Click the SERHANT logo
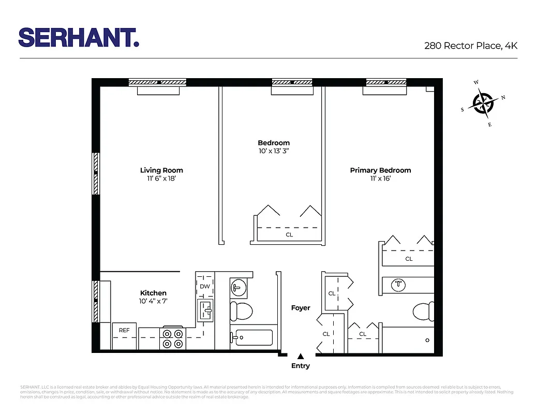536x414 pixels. click(79, 38)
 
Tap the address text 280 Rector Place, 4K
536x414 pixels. click(470, 46)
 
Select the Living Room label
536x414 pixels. click(161, 170)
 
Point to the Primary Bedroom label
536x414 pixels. click(380, 170)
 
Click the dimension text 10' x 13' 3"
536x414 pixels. click(274, 151)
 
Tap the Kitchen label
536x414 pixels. click(153, 293)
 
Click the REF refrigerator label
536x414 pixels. click(124, 330)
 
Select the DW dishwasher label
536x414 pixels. click(205, 286)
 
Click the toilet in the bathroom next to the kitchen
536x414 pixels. click(241, 311)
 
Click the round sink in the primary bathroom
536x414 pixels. click(398, 284)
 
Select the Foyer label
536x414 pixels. click(301, 308)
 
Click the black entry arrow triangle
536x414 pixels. click(300, 356)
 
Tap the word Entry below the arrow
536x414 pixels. click(300, 366)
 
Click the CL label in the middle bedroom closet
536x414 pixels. click(289, 234)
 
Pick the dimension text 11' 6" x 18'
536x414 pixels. click(161, 179)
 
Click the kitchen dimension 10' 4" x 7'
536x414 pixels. click(153, 301)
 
